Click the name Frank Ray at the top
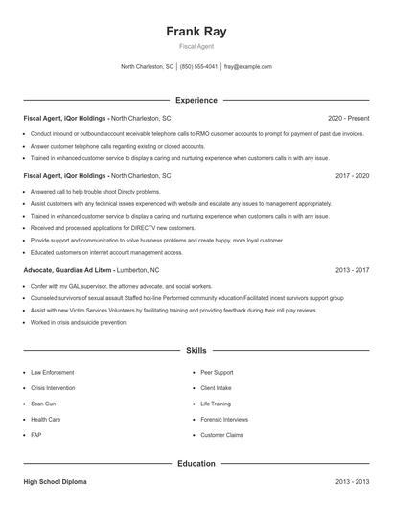tap(196, 31)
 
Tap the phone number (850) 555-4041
tap(199, 67)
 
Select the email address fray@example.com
tap(248, 67)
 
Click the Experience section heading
tap(196, 100)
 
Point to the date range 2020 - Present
tap(349, 117)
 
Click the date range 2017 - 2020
tap(353, 176)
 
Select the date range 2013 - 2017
tap(353, 271)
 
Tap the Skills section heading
tap(196, 352)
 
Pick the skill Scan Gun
tap(42, 404)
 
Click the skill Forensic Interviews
tap(224, 419)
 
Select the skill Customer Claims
tap(221, 435)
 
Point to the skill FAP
tap(35, 435)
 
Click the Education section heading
tap(196, 463)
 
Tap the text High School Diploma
tap(58, 481)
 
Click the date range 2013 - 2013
tap(353, 481)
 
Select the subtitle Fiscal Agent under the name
tap(196, 46)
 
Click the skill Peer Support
tap(217, 371)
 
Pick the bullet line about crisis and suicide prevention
tap(79, 322)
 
